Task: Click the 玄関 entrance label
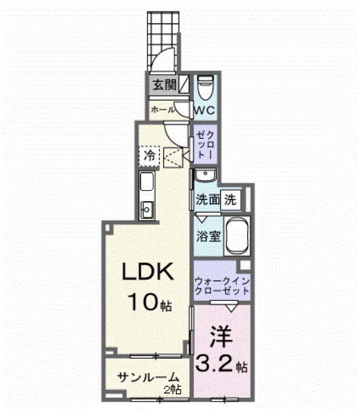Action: (163, 86)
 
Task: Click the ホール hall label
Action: (163, 109)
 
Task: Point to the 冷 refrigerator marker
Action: (149, 156)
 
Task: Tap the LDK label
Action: (149, 272)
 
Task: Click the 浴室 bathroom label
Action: (207, 238)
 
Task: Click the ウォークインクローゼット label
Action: (221, 284)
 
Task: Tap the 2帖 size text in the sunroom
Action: (174, 389)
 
